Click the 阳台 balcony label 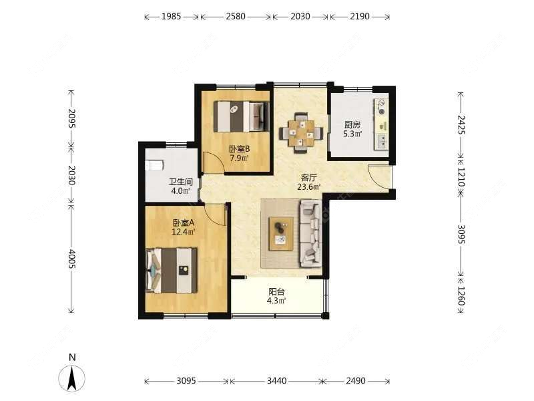[x=278, y=291]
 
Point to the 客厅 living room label [x=308, y=178]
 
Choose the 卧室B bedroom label [x=239, y=149]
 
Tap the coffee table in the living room [x=282, y=233]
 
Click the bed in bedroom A [x=172, y=270]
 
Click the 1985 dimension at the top [x=172, y=17]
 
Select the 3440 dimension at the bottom [x=276, y=381]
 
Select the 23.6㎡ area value [x=308, y=188]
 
